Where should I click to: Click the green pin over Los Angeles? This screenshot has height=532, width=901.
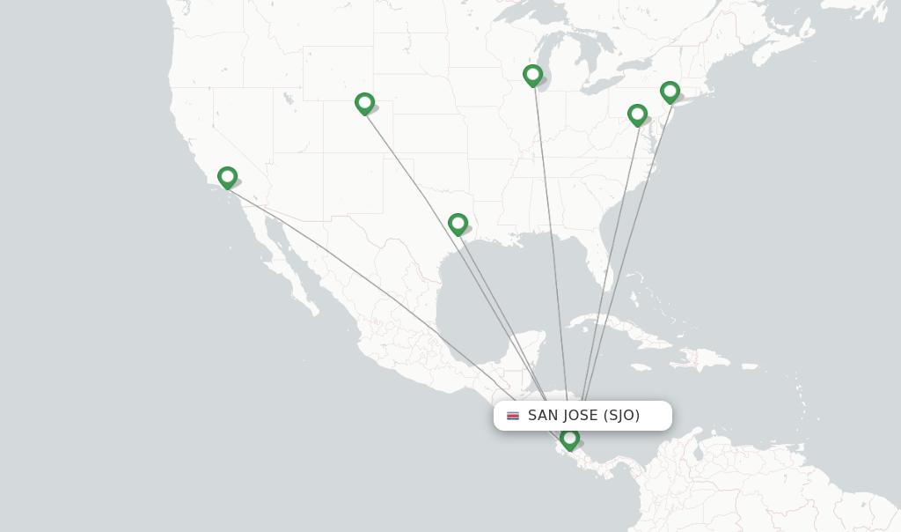coord(227,177)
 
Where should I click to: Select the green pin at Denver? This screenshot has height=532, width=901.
coord(364,103)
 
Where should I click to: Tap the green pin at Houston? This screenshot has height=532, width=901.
coord(458,224)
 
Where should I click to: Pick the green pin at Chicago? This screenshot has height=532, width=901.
coord(532,75)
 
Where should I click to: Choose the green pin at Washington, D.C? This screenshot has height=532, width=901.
coord(637,115)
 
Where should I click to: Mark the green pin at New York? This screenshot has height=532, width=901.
coord(670,92)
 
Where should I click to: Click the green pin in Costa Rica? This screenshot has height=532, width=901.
coord(569,438)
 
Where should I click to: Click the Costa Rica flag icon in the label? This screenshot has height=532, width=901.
coord(513,416)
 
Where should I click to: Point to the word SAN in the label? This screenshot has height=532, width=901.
coord(546,416)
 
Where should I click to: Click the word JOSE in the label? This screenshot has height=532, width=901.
coord(582,416)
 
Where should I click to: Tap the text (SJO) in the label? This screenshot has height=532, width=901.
coord(622,416)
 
